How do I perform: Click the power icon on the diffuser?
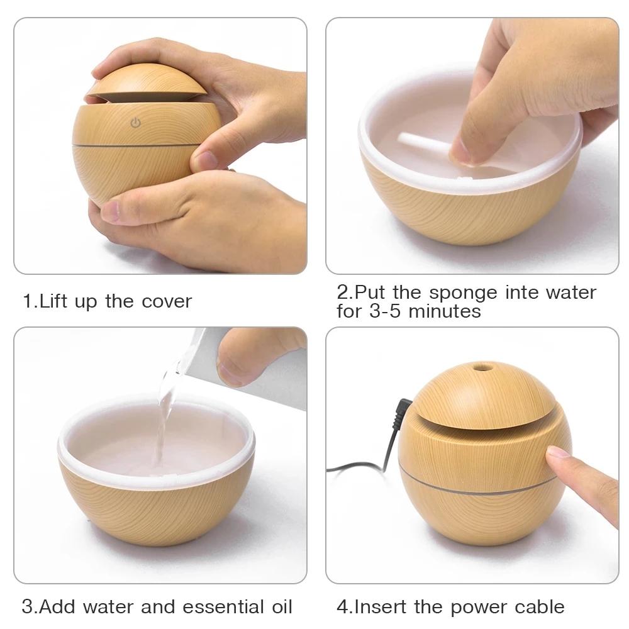pos(135,123)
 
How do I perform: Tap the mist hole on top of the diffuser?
pos(482,366)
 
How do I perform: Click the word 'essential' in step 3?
pos(221,607)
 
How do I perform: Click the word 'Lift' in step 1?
pos(55,301)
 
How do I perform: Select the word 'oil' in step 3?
pos(279,607)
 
